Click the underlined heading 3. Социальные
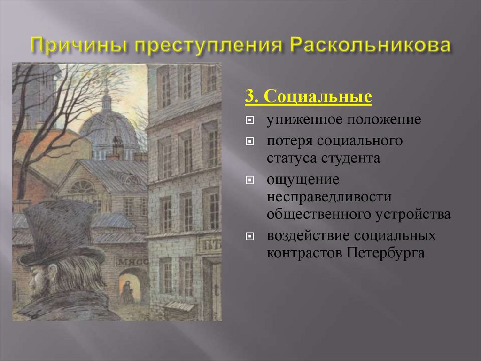point(308,97)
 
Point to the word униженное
point(305,120)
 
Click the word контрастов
point(305,253)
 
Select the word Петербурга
point(386,253)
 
